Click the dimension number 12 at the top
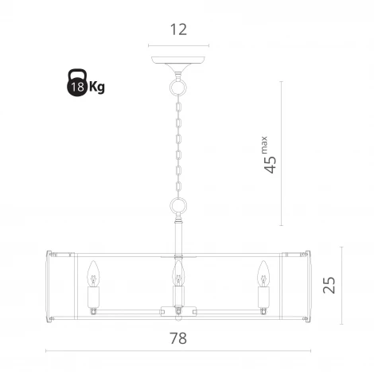[x=178, y=29]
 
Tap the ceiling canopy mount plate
[x=178, y=56]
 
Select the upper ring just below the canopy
[x=178, y=83]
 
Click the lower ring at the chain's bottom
[x=178, y=209]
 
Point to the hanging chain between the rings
[x=178, y=143]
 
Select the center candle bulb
[x=178, y=275]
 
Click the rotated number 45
[x=271, y=163]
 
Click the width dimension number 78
[x=178, y=337]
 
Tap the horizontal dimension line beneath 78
[x=178, y=352]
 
